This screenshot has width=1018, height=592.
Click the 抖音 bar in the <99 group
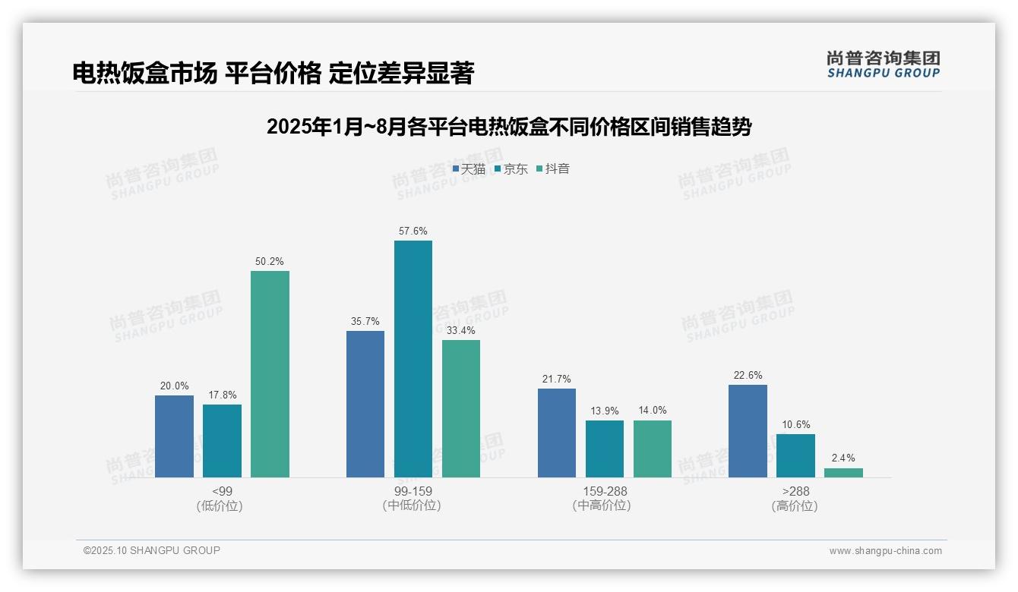click(x=270, y=374)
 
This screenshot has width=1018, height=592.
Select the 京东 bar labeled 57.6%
click(x=413, y=359)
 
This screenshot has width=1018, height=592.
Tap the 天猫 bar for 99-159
click(x=365, y=404)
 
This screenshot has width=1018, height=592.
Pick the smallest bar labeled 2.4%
click(x=843, y=473)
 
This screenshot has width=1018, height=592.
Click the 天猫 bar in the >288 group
click(x=748, y=431)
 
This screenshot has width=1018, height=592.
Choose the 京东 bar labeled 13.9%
click(x=605, y=449)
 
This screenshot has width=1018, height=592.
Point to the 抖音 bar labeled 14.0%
click(x=653, y=449)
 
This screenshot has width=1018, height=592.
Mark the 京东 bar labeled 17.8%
click(x=222, y=441)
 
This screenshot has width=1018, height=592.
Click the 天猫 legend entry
click(x=469, y=168)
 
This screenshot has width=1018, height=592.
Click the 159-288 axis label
click(x=605, y=491)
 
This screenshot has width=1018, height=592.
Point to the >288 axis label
click(x=795, y=491)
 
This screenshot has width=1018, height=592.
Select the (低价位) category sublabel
click(x=220, y=505)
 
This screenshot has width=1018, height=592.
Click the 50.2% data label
click(x=270, y=262)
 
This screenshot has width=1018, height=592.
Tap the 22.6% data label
click(x=748, y=376)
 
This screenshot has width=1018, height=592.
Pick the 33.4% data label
click(x=461, y=331)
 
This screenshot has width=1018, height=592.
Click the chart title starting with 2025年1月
click(x=508, y=127)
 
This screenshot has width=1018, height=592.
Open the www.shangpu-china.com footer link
click(x=885, y=550)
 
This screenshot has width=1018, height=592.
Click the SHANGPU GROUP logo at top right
click(x=883, y=64)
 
